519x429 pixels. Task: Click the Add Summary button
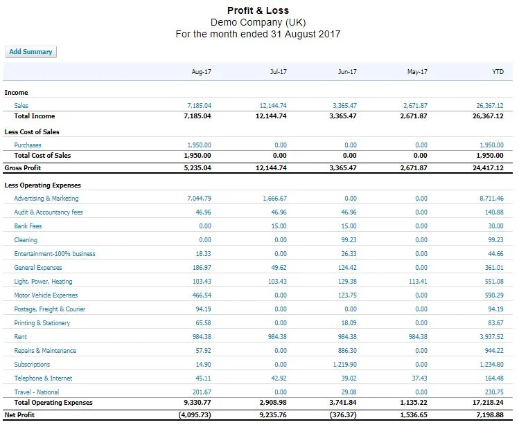[30, 52]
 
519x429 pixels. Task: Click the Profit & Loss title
[258, 10]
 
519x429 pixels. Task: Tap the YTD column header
[497, 72]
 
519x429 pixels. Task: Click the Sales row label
[21, 106]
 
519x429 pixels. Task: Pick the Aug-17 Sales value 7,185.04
[199, 106]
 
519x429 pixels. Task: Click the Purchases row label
[28, 145]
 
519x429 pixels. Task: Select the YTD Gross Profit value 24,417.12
[486, 168]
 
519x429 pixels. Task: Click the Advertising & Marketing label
[46, 199]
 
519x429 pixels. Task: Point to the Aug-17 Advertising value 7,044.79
[199, 199]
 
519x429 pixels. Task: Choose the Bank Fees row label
[28, 226]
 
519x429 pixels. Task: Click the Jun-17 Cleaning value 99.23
[349, 240]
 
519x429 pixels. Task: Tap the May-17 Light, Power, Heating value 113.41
[418, 282]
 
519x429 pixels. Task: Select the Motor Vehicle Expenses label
[46, 295]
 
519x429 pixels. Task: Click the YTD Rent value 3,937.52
[489, 337]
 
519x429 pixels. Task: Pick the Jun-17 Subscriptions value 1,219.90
[344, 365]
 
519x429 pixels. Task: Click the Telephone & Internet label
[43, 378]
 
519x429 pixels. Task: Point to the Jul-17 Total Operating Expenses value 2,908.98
[271, 403]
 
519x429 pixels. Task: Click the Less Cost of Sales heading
[32, 131]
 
